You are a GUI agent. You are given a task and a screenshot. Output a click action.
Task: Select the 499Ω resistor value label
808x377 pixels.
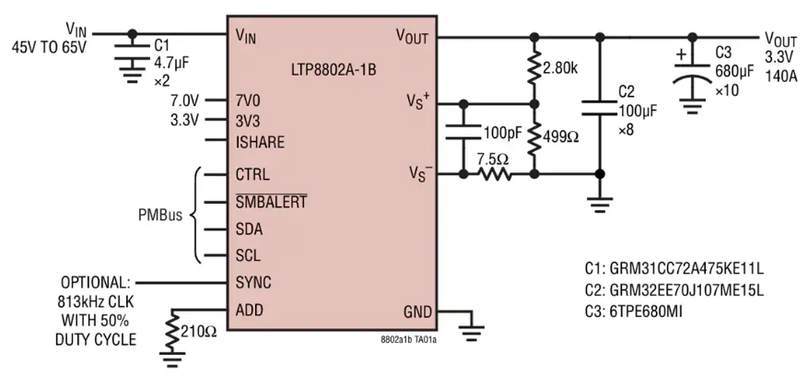(560, 136)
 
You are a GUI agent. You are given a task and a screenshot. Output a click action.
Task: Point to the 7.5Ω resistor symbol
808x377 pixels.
(494, 174)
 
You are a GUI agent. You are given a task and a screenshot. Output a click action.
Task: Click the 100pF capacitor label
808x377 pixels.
(503, 132)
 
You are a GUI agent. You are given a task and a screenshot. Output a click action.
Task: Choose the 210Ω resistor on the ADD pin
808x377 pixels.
(172, 331)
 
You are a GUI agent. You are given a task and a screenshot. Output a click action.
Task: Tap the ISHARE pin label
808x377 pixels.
(260, 142)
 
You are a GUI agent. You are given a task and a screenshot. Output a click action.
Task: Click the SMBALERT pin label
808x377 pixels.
(271, 202)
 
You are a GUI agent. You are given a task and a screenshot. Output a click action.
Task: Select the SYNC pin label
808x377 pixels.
(253, 283)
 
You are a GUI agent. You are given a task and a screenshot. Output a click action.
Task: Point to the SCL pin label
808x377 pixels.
(248, 255)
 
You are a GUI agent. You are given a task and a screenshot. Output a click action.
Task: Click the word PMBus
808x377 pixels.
(160, 215)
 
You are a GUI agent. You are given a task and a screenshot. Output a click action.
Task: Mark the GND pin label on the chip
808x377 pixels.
(417, 312)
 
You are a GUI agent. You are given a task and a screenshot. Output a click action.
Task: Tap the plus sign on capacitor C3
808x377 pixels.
(681, 54)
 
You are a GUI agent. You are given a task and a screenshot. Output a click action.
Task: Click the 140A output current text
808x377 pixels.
(780, 77)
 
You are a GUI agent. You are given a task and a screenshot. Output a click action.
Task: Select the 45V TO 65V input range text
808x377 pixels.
(50, 47)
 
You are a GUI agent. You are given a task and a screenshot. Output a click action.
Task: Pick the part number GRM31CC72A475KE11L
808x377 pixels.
(674, 268)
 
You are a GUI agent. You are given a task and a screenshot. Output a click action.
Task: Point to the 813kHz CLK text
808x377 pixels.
(97, 301)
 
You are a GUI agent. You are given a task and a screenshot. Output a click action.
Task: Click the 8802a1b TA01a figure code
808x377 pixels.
(409, 340)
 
